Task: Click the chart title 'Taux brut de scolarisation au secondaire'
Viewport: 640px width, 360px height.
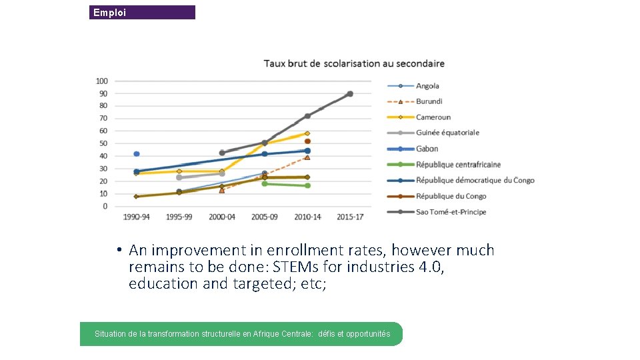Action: [354, 63]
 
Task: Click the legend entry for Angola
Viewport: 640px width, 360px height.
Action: [427, 86]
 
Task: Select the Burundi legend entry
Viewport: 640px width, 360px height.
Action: [428, 102]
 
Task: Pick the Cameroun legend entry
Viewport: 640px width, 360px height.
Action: [433, 117]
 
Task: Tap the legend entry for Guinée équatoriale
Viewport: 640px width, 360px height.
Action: [447, 133]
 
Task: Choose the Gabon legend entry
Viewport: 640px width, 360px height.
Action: [427, 149]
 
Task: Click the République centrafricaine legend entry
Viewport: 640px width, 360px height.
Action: [458, 165]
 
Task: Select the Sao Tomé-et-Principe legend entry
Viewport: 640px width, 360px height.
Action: [451, 212]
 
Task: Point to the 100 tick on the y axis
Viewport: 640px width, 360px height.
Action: [101, 81]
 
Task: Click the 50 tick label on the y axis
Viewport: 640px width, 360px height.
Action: [103, 144]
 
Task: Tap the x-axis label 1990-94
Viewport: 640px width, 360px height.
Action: [137, 217]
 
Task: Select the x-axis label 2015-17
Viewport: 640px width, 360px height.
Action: [350, 217]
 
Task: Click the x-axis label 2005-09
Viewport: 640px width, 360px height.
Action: [265, 217]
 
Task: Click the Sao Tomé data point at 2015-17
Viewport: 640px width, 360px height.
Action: [350, 94]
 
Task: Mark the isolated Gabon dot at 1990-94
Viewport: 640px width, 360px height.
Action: [137, 154]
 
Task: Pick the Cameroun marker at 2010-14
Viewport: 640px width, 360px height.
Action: [307, 133]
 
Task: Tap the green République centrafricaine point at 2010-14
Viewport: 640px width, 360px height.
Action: [307, 185]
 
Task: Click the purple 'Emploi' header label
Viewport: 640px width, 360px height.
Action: [109, 13]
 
